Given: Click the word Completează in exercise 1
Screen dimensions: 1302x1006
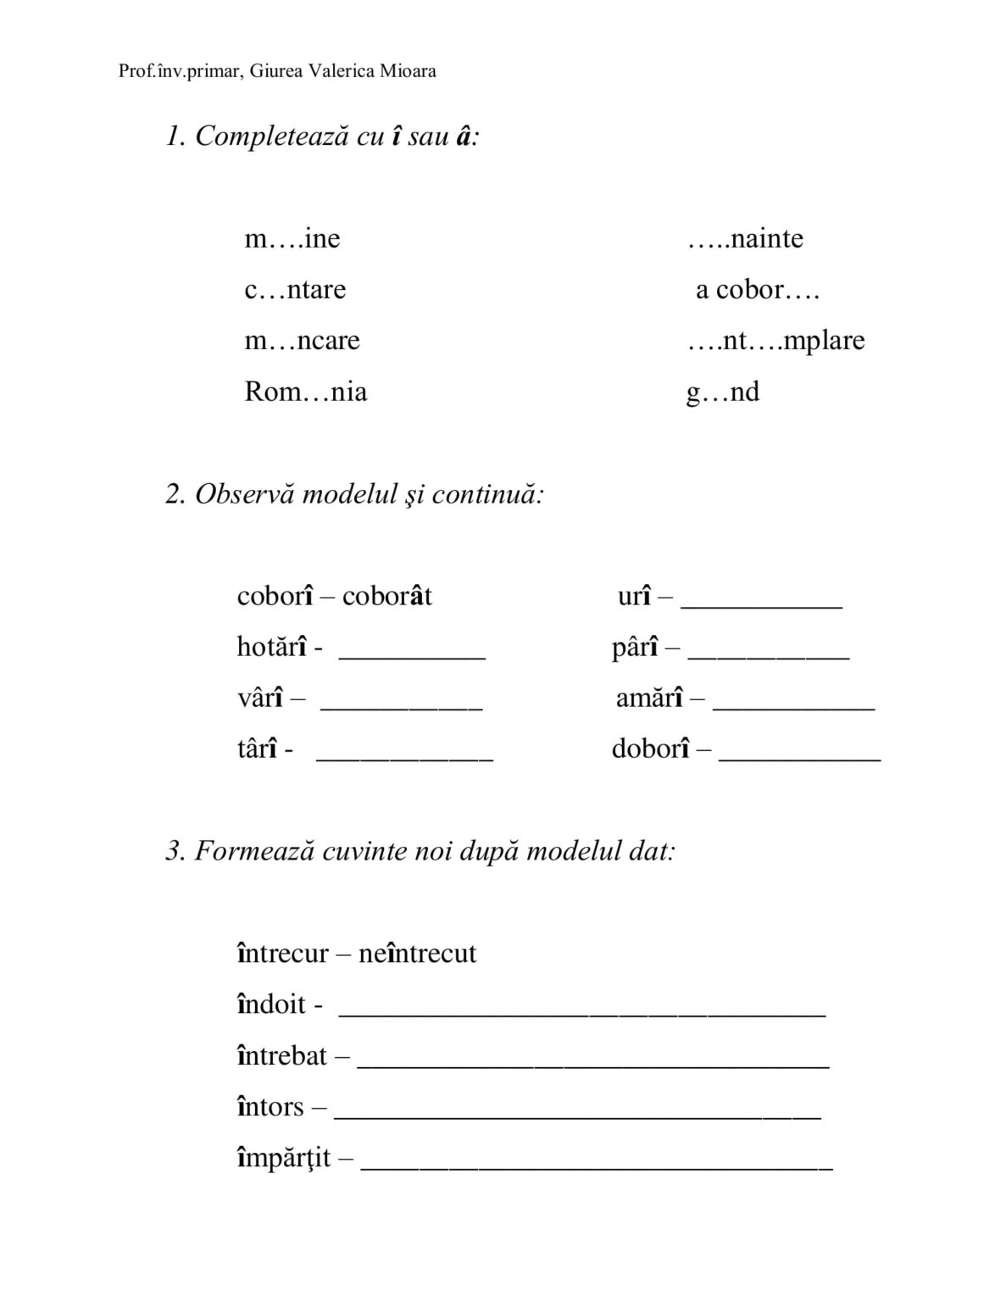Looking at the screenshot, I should click(x=271, y=136).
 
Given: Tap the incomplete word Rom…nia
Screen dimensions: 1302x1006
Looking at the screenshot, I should click(x=305, y=392).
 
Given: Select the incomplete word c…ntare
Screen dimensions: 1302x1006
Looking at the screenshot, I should click(x=295, y=290).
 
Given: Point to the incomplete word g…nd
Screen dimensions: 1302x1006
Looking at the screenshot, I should click(x=722, y=392).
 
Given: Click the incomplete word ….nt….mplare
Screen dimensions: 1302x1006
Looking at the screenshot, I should click(x=775, y=341).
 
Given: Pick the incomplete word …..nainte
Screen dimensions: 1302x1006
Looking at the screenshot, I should click(x=745, y=238).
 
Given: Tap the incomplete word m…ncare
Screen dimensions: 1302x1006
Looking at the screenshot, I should click(x=302, y=341).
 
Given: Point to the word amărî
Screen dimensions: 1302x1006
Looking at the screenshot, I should click(x=649, y=698).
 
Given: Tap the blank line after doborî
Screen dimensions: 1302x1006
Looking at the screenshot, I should click(x=799, y=759).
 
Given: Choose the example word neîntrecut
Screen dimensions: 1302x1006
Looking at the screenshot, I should click(x=417, y=954).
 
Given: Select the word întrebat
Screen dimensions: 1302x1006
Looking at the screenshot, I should click(x=281, y=1056).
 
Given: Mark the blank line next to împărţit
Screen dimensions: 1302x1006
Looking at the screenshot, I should click(x=597, y=1167).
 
